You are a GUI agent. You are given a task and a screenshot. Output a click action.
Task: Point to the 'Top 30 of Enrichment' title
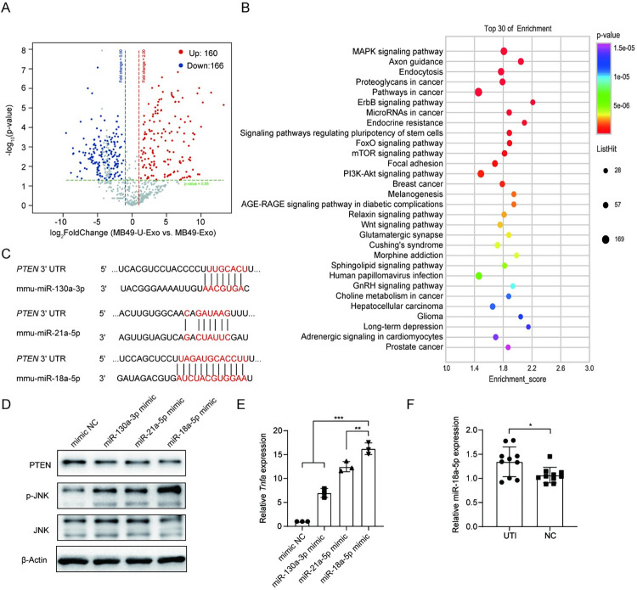click(513, 28)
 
